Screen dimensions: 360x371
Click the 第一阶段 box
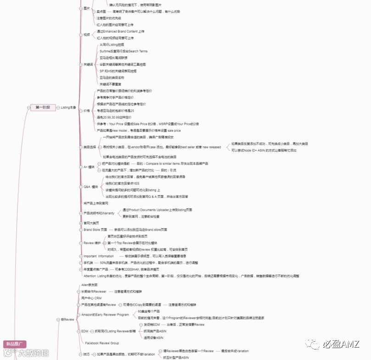tap(42, 107)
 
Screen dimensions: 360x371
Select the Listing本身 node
tap(69, 107)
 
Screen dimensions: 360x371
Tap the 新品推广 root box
tap(15, 344)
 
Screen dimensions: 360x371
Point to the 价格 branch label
tap(86, 111)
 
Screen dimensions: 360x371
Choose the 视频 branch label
tap(86, 34)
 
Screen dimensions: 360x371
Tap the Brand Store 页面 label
tap(95, 229)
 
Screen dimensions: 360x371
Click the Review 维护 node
tap(92, 243)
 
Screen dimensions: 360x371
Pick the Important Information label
tap(98, 256)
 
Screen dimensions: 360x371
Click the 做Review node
tap(68, 319)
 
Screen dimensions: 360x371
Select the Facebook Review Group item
tap(101, 343)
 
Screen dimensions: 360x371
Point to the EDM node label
tap(84, 331)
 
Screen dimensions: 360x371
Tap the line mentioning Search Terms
tap(123, 51)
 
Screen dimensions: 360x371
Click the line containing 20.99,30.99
tap(115, 117)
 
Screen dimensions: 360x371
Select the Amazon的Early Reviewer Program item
tap(105, 315)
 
